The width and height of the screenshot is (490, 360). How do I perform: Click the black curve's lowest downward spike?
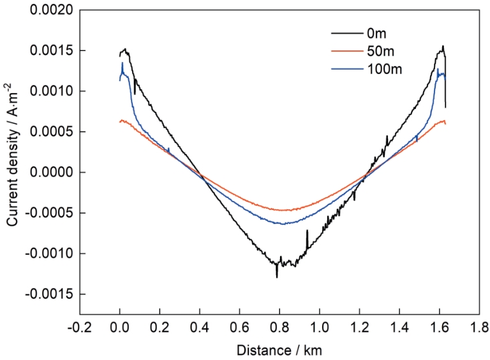coord(277,277)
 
